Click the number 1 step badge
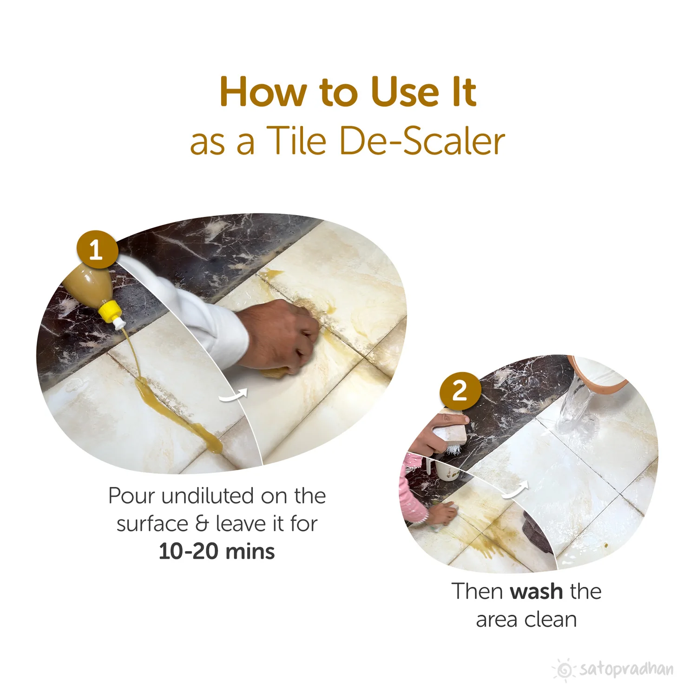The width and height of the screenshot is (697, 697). point(96,250)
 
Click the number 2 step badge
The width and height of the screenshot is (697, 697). point(460,391)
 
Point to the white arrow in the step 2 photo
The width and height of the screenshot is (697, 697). point(516,489)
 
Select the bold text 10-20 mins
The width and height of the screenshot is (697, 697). point(217,552)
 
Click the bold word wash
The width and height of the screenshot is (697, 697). point(536,592)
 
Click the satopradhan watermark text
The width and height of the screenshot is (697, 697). point(626,669)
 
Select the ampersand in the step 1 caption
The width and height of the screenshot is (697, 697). point(202,524)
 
